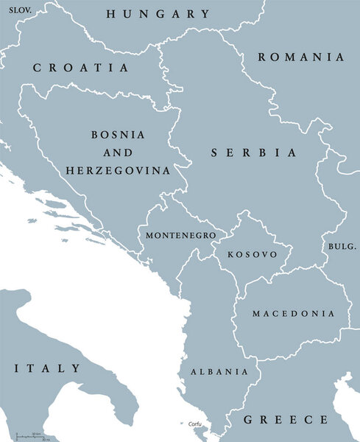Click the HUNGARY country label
(158, 14)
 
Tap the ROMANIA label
(301, 57)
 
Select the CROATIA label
(81, 68)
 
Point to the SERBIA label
(254, 153)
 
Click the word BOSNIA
(118, 136)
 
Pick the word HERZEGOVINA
(118, 170)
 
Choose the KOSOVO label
(253, 254)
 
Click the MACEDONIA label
(293, 314)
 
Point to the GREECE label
(286, 420)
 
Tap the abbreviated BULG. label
(342, 245)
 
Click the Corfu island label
(194, 424)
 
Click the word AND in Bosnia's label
(118, 152)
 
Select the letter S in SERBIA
(215, 153)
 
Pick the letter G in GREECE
(249, 420)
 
